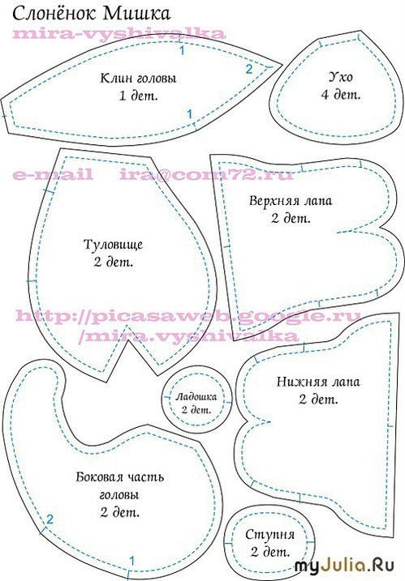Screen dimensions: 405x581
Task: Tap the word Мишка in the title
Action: (136, 13)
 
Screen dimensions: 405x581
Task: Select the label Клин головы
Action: (139, 79)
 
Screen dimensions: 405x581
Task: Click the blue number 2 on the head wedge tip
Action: (248, 69)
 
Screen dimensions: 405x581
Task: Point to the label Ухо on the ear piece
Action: (340, 77)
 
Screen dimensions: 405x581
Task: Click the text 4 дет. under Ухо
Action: (340, 95)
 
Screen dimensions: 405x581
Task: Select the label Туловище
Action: (113, 245)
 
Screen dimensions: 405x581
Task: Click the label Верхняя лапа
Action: (291, 201)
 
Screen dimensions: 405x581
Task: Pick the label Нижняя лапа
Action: (318, 382)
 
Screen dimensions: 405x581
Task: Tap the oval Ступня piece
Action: (269, 543)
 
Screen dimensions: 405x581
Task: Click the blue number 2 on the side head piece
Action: (50, 519)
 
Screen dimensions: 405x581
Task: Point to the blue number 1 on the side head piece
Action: (131, 561)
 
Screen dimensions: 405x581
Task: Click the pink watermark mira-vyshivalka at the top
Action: (119, 34)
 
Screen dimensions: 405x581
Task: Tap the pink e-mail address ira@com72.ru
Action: (206, 174)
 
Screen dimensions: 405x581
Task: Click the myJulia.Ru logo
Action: (344, 566)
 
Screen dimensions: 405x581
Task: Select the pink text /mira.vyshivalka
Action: (188, 335)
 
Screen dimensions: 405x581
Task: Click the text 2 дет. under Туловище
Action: (113, 263)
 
